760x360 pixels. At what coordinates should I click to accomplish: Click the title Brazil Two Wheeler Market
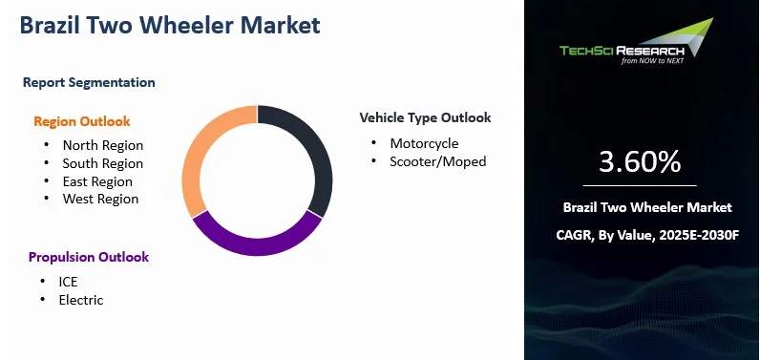tap(169, 24)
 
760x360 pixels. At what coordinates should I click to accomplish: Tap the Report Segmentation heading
tap(89, 82)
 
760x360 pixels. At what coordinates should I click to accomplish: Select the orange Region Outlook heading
tap(82, 121)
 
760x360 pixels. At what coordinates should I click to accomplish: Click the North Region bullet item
tap(102, 145)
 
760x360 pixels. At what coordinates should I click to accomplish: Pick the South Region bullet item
tap(102, 163)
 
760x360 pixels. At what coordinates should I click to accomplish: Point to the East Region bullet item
tap(97, 181)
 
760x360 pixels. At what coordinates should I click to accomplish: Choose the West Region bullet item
tap(100, 199)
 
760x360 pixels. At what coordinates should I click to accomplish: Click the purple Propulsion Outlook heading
tap(89, 257)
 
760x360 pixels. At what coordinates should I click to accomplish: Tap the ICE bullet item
tap(68, 282)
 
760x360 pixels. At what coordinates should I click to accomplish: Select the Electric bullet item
tap(81, 300)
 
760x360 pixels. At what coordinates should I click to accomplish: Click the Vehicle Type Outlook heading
tap(425, 117)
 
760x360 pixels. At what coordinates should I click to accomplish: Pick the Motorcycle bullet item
tap(424, 143)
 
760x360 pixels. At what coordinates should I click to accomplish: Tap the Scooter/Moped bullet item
tap(437, 161)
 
